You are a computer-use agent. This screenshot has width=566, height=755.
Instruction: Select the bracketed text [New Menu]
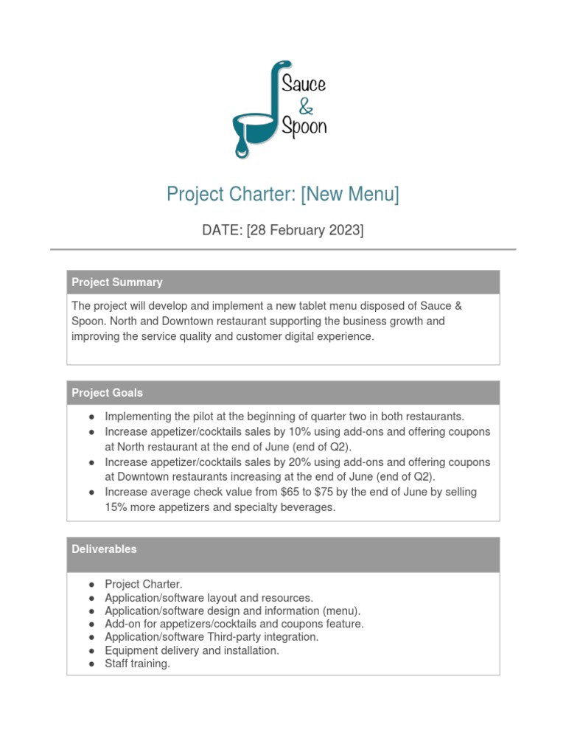[352, 195]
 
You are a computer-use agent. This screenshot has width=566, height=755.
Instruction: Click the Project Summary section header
[117, 282]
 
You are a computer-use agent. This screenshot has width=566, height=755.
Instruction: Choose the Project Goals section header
[108, 393]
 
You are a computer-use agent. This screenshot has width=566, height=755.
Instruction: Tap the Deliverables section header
[104, 549]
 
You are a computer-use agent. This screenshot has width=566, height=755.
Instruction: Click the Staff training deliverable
[137, 664]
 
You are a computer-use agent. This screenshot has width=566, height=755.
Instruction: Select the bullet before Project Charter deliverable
[91, 585]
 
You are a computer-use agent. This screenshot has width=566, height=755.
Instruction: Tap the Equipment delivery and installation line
[192, 650]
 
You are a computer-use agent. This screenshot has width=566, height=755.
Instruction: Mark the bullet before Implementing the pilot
[91, 417]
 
